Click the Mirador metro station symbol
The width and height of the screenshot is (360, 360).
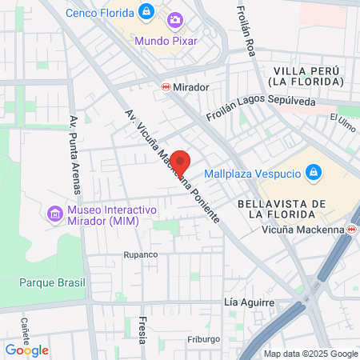coord(166,86)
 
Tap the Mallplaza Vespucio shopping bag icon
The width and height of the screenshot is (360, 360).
coord(314,172)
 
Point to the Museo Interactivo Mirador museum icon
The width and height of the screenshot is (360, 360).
coord(54,214)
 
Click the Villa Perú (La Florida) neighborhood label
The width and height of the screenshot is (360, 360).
coord(306,77)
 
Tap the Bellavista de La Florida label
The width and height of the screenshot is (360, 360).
coord(281,209)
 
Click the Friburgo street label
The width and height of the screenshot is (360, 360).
coord(203,339)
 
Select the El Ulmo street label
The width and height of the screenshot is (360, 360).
coord(342,123)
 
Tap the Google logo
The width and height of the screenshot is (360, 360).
coord(26,350)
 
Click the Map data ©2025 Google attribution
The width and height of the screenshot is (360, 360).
coord(311,354)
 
